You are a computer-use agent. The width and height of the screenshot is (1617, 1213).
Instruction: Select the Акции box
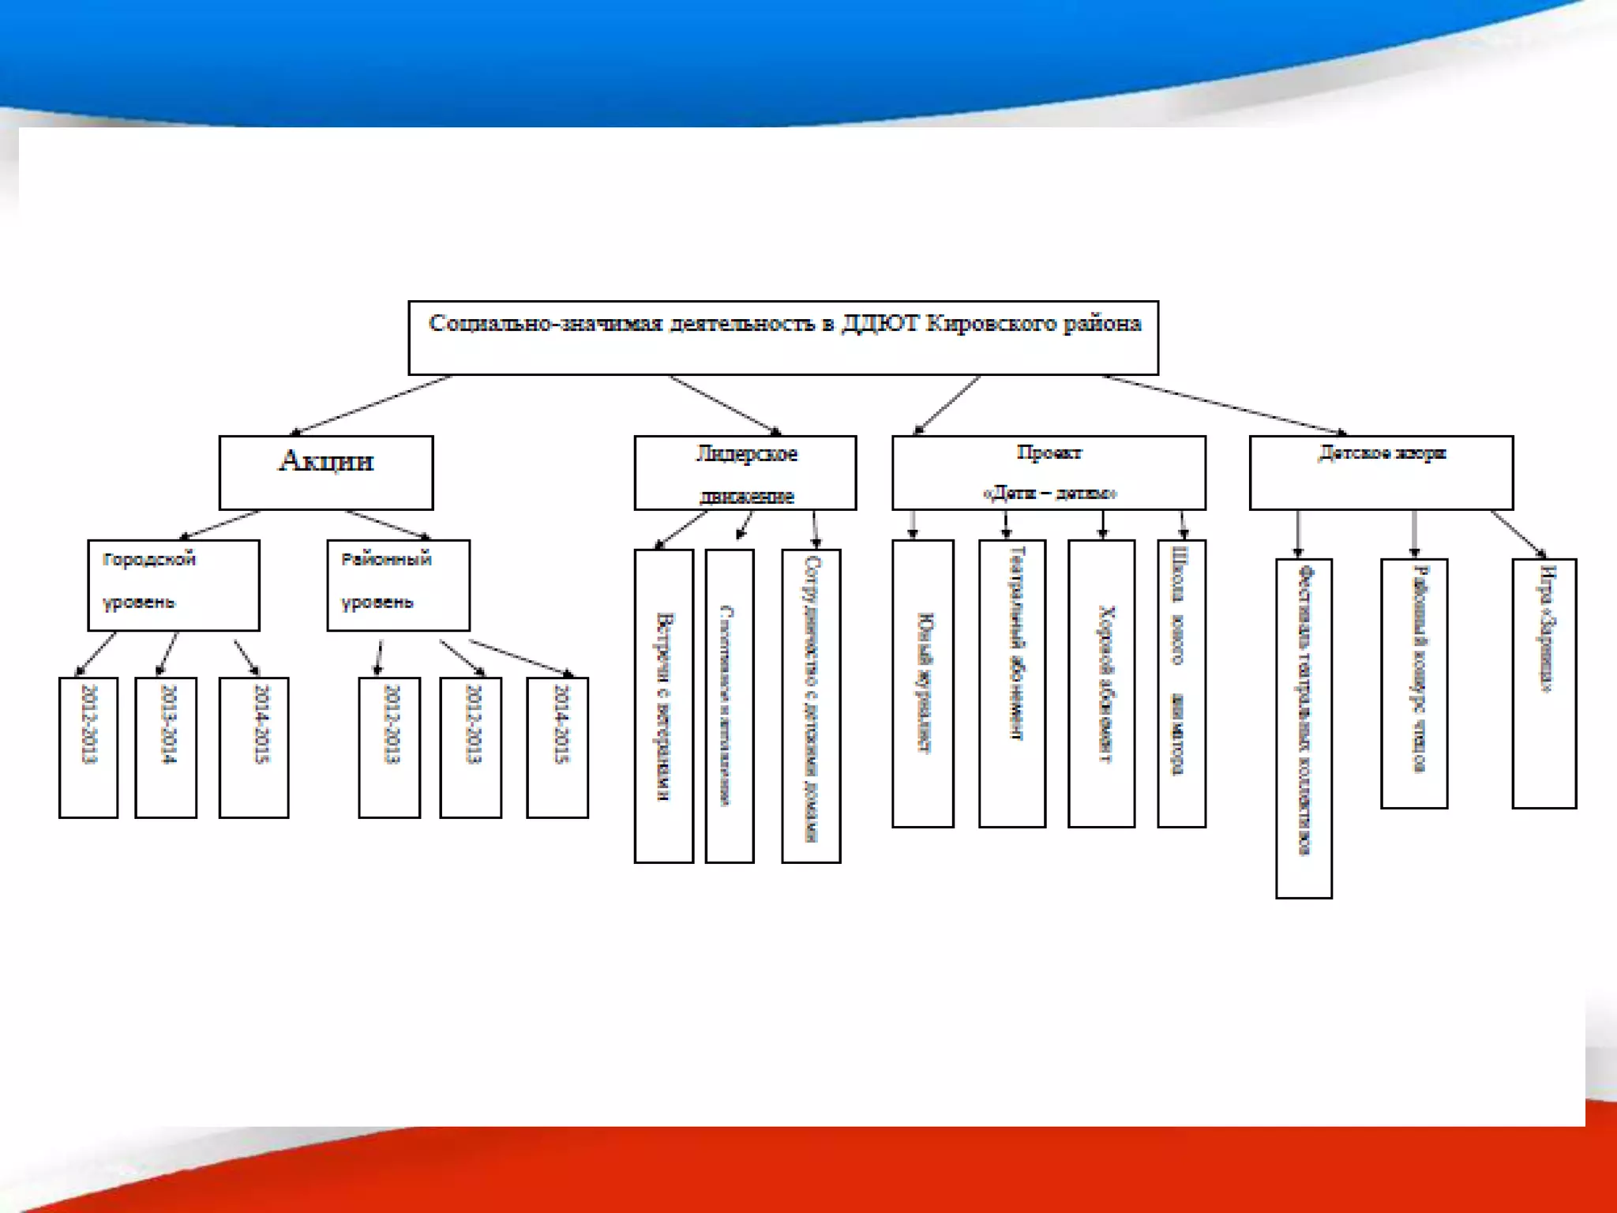(x=326, y=472)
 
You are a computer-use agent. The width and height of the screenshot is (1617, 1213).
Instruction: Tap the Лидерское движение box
(x=745, y=473)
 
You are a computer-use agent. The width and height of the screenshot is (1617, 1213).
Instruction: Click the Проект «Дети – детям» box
(x=1049, y=473)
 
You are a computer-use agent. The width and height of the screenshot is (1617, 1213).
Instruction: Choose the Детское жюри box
(x=1381, y=473)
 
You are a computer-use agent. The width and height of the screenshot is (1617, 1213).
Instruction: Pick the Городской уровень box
(x=174, y=585)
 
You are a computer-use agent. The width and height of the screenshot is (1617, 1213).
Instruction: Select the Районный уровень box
(x=398, y=585)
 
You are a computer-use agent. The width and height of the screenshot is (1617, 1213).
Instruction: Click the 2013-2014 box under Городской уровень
(x=166, y=747)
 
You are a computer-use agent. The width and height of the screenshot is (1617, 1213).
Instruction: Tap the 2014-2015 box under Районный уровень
(x=557, y=747)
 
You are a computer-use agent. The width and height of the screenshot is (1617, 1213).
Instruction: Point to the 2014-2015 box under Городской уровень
(x=253, y=747)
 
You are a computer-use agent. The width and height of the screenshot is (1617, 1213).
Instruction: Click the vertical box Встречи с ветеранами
(x=664, y=706)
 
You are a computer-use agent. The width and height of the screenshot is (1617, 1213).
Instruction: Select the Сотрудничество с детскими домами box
(x=811, y=706)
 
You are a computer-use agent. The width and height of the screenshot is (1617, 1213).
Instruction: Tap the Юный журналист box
(x=923, y=683)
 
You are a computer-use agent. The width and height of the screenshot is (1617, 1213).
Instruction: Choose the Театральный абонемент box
(x=1012, y=683)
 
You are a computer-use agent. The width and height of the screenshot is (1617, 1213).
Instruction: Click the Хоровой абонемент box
(x=1101, y=683)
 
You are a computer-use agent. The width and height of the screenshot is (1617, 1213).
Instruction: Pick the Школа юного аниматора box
(x=1181, y=683)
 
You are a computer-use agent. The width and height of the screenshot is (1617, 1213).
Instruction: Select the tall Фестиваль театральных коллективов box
(x=1304, y=728)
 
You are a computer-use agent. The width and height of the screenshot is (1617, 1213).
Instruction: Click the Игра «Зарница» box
(x=1544, y=683)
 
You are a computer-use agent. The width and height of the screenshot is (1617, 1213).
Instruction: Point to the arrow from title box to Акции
(x=371, y=405)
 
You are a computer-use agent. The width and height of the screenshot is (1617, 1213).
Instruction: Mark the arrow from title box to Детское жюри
(x=1224, y=404)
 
